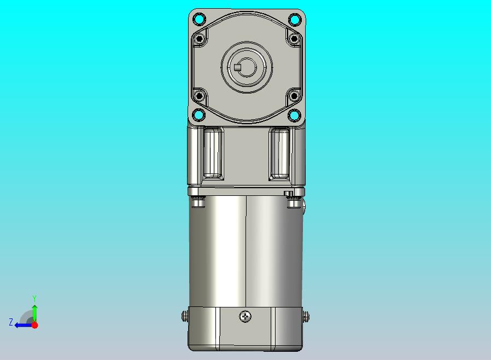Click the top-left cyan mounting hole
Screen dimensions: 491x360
[199, 20]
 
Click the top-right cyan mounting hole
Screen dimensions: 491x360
[294, 20]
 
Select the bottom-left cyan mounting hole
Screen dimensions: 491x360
[199, 115]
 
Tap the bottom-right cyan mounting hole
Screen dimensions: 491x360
[294, 115]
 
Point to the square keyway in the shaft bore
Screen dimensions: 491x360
[238, 67]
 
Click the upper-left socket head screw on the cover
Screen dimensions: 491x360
[199, 39]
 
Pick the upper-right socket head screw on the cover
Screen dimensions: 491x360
[294, 39]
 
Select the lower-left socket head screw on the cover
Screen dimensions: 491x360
[199, 95]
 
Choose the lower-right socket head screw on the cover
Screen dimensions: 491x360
[294, 95]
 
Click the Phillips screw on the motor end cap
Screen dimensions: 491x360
[245, 316]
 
